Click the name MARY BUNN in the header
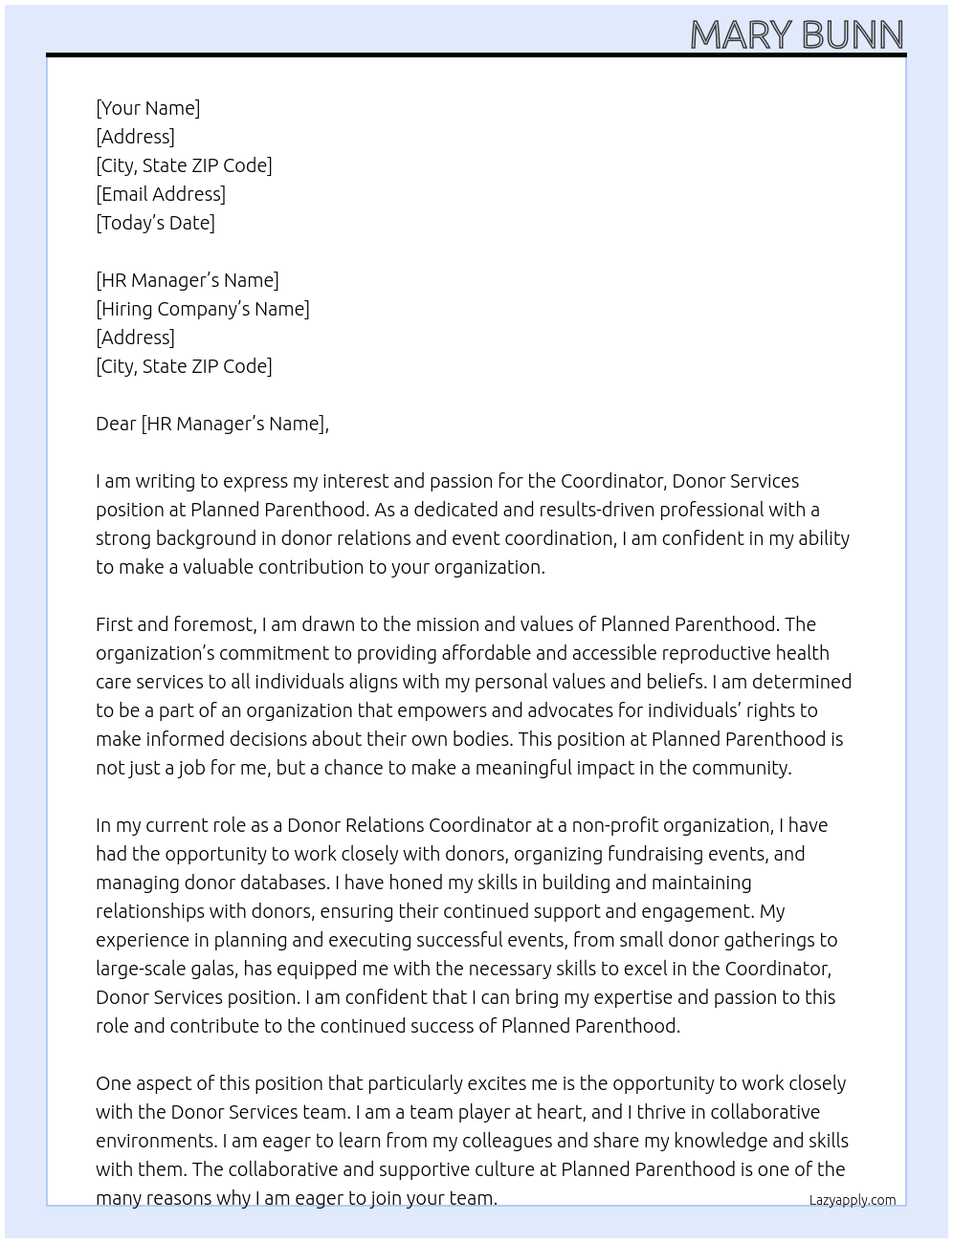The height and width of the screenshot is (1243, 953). coord(796,35)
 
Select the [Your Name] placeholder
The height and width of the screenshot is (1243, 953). coord(147,108)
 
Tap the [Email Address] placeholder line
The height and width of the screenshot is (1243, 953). coord(161,194)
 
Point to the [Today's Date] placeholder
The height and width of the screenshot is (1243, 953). coord(155,223)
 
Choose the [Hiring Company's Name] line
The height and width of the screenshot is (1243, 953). coord(202,309)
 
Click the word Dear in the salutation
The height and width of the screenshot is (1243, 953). coord(116,424)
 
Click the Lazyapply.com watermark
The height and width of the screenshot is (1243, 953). coord(852,1200)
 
